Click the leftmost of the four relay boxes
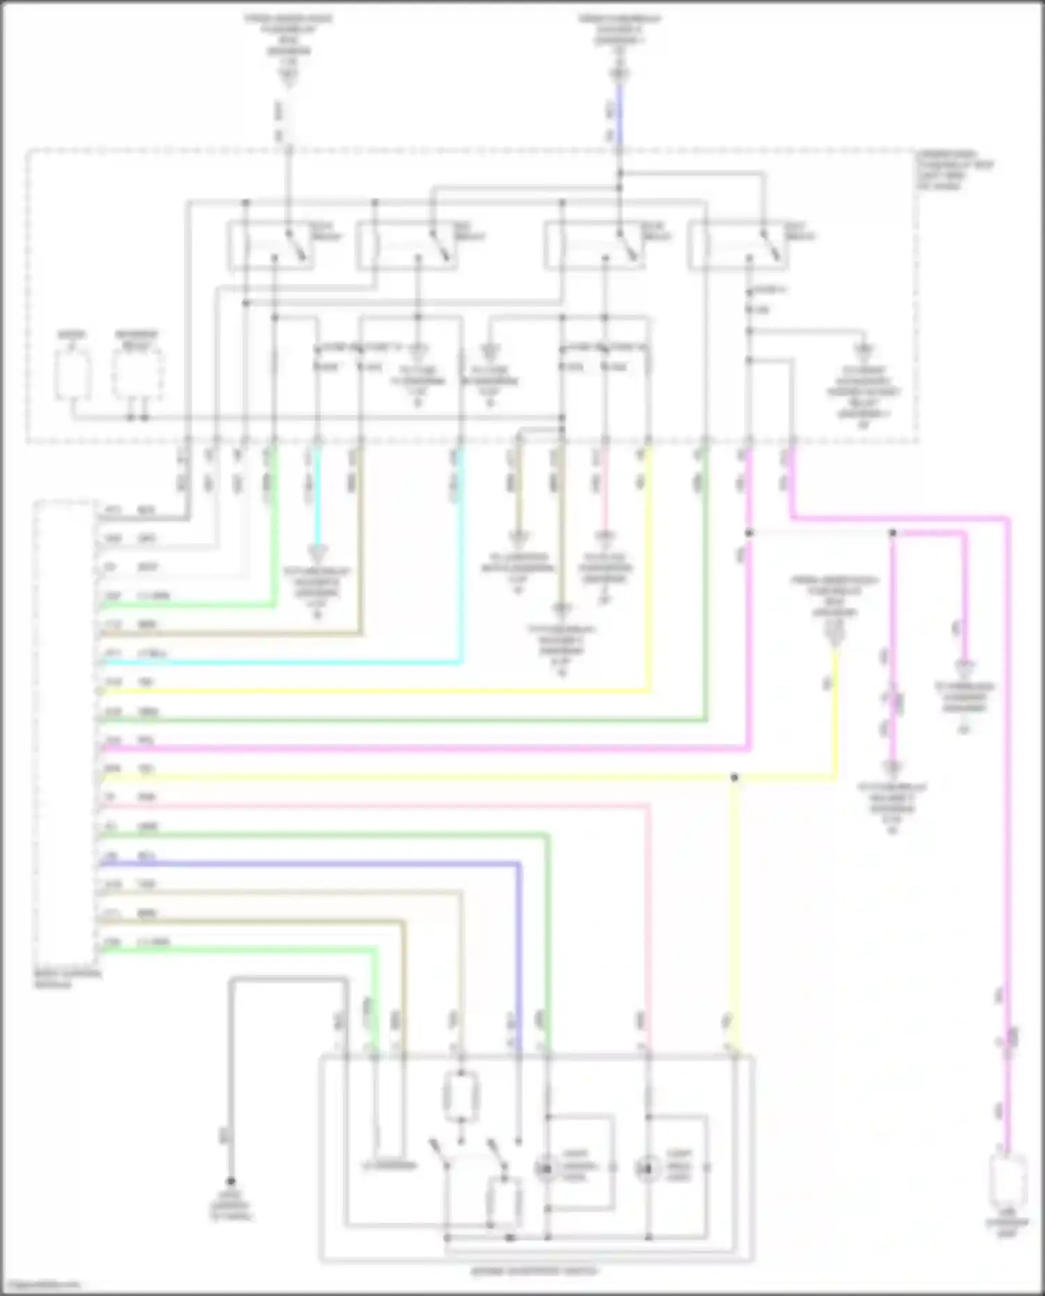tap(270, 245)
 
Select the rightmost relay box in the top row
tap(738, 245)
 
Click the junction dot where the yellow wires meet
tap(734, 777)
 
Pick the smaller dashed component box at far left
tap(72, 374)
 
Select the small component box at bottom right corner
tap(1008, 1179)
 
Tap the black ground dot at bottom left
tap(231, 1182)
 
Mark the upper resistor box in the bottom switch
tap(460, 1097)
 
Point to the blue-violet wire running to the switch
tap(313, 864)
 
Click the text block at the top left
tap(288, 35)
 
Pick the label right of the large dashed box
tap(954, 170)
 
